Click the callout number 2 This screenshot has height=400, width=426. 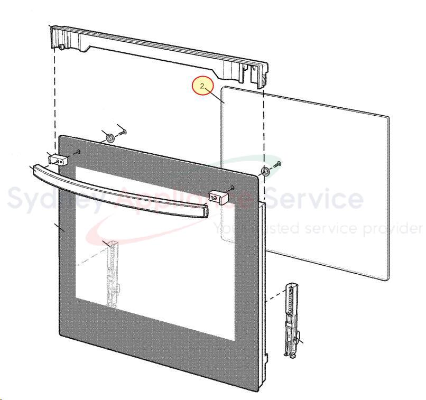pos(202,86)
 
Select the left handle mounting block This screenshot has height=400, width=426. pos(58,160)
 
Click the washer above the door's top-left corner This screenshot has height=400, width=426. pos(110,138)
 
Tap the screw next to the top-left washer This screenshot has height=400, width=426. pos(123,133)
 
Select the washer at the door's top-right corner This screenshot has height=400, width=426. pos(265,172)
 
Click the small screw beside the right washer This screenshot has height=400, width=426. pos(277,164)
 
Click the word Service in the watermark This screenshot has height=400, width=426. pos(314,198)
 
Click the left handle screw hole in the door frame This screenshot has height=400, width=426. pos(79,151)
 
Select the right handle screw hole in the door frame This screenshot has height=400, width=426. pos(232,187)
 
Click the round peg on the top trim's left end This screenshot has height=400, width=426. pos(61,46)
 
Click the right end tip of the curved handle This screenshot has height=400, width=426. pos(208,211)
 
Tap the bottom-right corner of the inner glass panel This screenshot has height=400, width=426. pos(389,279)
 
